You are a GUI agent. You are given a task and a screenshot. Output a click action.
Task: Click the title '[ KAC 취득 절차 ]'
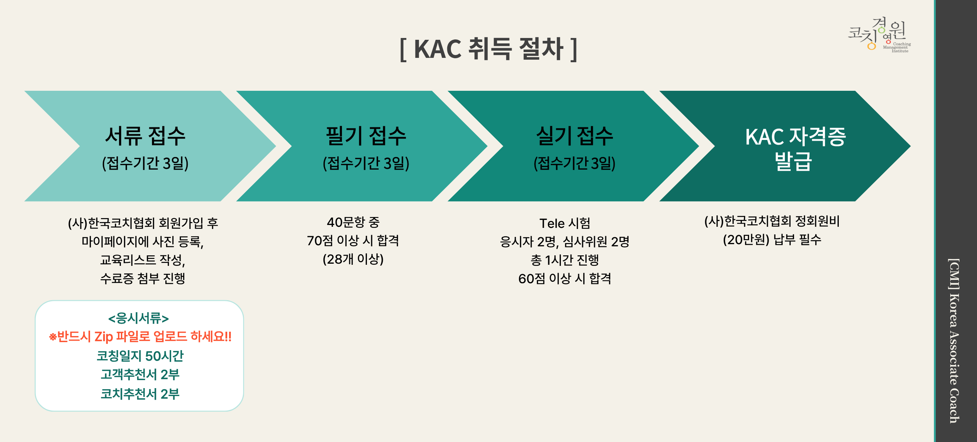(x=488, y=49)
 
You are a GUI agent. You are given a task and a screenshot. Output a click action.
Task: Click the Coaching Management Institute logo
(x=879, y=34)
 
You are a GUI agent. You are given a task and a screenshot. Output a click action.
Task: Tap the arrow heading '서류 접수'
(x=145, y=136)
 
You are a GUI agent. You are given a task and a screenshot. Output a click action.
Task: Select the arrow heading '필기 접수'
(x=366, y=136)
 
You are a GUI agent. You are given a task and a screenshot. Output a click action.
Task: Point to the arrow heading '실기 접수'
(x=575, y=136)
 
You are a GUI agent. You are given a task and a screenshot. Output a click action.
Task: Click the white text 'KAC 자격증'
(x=795, y=137)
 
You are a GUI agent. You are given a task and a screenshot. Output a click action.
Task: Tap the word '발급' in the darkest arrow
(x=793, y=162)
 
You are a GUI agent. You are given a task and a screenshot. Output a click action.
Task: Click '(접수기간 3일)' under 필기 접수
(x=366, y=163)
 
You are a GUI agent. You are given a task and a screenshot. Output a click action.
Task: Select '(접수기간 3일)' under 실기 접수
(x=575, y=163)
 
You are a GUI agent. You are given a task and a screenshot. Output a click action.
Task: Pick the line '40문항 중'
(x=353, y=222)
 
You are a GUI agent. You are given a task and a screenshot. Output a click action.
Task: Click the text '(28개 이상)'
(x=353, y=259)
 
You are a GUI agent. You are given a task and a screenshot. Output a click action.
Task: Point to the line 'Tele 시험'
(x=565, y=223)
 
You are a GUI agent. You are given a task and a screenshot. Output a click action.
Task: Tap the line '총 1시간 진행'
(x=565, y=260)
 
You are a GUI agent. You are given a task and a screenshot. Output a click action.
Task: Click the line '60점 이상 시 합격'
(x=565, y=279)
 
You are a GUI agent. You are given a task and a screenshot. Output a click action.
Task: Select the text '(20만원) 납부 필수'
(x=772, y=239)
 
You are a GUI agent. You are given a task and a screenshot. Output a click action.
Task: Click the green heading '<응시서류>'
(x=139, y=318)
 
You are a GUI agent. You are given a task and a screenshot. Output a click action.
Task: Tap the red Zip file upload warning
(x=140, y=337)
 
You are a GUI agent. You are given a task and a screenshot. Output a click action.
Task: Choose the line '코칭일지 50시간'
(x=140, y=356)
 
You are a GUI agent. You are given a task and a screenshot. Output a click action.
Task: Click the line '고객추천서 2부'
(x=140, y=374)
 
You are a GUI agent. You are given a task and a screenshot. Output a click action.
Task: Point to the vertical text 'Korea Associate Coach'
(x=955, y=358)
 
